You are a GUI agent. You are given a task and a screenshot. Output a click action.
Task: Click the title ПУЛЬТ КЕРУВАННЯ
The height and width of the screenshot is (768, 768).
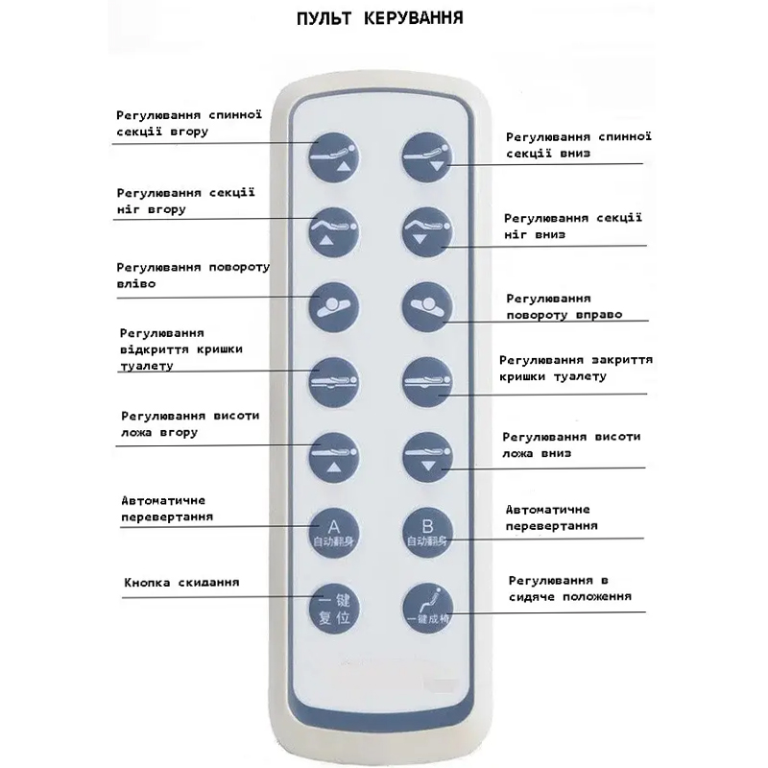[383, 18]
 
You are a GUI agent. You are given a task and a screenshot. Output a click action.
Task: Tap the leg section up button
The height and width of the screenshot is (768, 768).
[331, 230]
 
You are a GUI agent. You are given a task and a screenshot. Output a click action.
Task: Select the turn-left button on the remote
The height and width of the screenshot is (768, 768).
[331, 305]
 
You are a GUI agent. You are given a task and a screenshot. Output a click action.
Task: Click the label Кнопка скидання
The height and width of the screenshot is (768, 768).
[181, 583]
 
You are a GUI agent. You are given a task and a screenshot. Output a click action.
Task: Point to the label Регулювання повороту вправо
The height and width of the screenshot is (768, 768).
[564, 306]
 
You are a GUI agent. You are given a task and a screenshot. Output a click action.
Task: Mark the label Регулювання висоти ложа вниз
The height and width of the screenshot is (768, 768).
[571, 444]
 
